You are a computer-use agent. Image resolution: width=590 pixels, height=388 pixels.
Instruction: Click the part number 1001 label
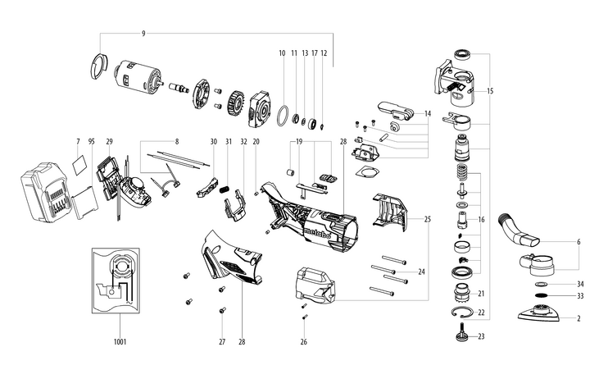tap(120, 340)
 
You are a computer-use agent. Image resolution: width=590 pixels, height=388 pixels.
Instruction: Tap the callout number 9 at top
tap(143, 33)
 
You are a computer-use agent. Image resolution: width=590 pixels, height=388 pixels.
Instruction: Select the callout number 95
tap(92, 142)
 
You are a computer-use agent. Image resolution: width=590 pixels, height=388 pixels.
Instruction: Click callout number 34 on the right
tap(580, 284)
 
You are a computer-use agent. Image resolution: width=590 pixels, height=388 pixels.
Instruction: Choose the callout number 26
tap(303, 342)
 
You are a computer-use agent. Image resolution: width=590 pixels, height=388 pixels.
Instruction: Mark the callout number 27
tap(221, 341)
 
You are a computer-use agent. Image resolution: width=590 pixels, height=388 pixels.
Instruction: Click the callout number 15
tap(491, 90)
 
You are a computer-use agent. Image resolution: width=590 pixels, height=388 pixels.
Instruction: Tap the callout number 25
tap(428, 220)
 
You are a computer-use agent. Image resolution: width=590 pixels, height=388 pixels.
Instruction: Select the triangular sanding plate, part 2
tap(538, 314)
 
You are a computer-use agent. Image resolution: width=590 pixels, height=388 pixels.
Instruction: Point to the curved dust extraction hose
tap(516, 229)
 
